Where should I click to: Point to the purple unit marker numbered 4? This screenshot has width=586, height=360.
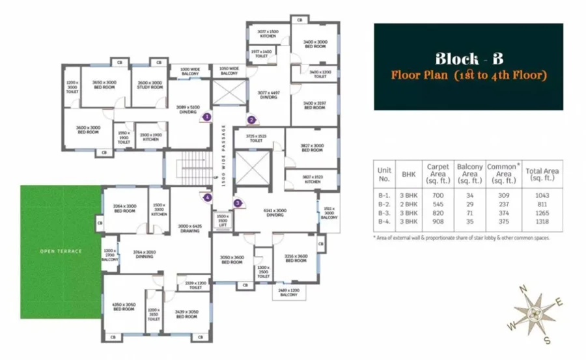(207, 197)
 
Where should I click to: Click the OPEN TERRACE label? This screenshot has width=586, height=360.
(61, 251)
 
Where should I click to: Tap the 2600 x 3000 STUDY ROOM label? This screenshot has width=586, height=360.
(149, 85)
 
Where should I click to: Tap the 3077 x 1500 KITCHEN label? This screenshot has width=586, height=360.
(268, 33)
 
